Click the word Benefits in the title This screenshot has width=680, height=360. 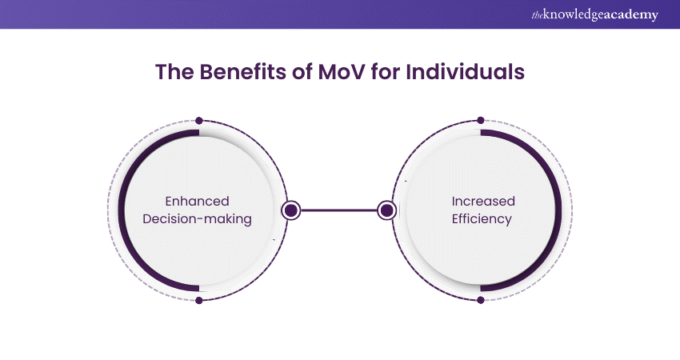[232, 72]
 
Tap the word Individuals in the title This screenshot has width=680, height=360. [464, 72]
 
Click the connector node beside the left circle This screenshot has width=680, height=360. [291, 210]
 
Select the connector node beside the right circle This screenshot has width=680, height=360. [387, 210]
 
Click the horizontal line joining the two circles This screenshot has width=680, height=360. [339, 210]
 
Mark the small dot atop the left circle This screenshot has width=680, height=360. [198, 121]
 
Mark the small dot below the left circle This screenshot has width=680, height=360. [198, 300]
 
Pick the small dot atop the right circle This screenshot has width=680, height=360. [480, 121]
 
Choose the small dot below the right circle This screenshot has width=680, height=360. [480, 300]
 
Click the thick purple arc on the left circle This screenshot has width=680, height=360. [122, 210]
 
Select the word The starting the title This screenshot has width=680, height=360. [171, 72]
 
